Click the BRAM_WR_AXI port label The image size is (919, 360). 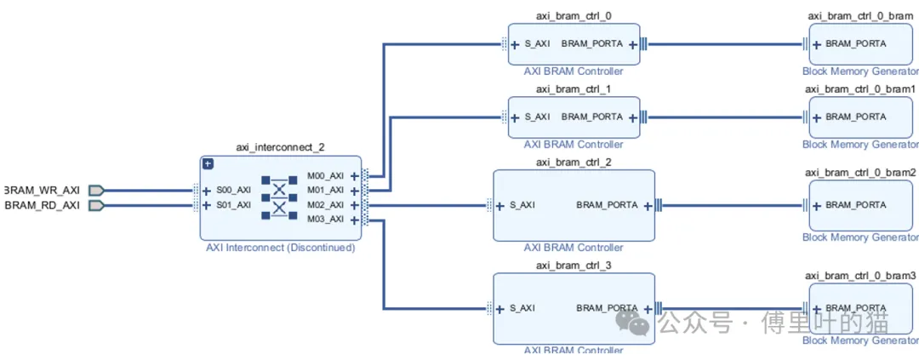coord(43,190)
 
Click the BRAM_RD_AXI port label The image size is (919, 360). coord(43,205)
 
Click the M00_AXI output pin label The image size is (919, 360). coord(325,175)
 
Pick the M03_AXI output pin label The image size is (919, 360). coord(325,220)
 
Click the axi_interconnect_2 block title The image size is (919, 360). coord(280,147)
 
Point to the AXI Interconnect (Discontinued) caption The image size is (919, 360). coord(280,249)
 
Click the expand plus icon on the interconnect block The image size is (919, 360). coord(208,163)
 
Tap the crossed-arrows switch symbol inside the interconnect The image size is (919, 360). coord(277,197)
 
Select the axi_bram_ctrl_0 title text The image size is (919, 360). coord(573,15)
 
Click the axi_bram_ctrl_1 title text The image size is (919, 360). coord(573,89)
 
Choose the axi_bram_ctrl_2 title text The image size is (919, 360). coord(573,162)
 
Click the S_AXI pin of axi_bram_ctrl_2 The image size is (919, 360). coord(522,205)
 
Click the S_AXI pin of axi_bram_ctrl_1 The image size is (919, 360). coord(537,117)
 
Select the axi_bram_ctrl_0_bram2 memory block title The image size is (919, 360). coord(860,173)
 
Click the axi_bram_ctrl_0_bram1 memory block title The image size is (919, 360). coord(860,89)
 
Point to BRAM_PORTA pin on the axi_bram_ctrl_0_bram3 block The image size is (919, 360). coord(855,308)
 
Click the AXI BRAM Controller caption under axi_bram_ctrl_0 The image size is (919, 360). coord(573,71)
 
